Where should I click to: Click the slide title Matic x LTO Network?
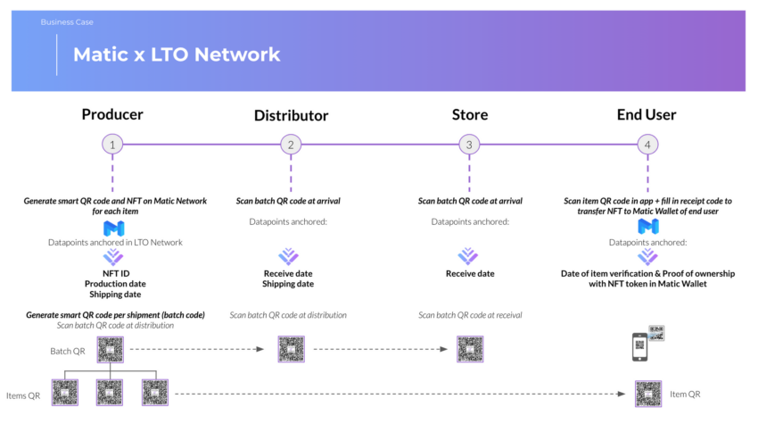coord(177,54)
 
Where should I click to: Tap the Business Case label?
coord(67,21)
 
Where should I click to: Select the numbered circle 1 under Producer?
coord(111,144)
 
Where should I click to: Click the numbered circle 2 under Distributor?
coord(291,144)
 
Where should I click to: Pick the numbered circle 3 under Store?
coord(469,144)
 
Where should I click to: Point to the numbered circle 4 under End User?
coord(647,144)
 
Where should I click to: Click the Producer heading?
coord(112,114)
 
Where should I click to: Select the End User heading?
coord(647,114)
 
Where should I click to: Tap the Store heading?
coord(469,114)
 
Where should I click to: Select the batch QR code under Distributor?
coord(292,349)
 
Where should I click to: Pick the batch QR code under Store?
coord(470,349)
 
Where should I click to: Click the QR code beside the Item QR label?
coord(648,394)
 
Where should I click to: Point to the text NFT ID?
coord(113,273)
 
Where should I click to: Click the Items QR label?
coord(23,395)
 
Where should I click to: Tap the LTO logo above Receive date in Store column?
coord(469,256)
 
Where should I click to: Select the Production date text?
coord(113,284)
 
